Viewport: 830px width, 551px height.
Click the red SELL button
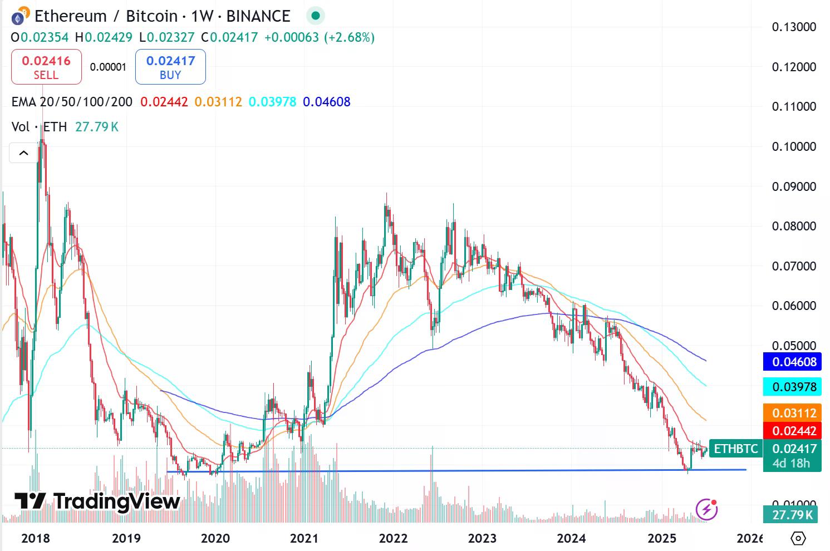click(x=46, y=67)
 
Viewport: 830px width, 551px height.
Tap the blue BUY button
click(x=170, y=67)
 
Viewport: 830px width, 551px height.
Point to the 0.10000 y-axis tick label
click(x=794, y=146)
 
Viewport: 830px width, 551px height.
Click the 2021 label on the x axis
click(x=304, y=538)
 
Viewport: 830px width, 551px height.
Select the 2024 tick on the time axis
click(x=571, y=538)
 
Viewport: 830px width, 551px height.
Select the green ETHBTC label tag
click(x=736, y=449)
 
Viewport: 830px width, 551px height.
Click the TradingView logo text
click(x=97, y=501)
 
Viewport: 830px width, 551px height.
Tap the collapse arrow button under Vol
click(x=24, y=153)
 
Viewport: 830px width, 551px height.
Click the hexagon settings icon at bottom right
click(x=798, y=538)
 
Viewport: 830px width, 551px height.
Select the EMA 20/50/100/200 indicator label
click(x=72, y=102)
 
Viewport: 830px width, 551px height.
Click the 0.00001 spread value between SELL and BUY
click(x=108, y=67)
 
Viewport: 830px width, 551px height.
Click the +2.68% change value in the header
click(x=350, y=37)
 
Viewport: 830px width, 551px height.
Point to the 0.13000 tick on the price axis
click(x=794, y=27)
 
